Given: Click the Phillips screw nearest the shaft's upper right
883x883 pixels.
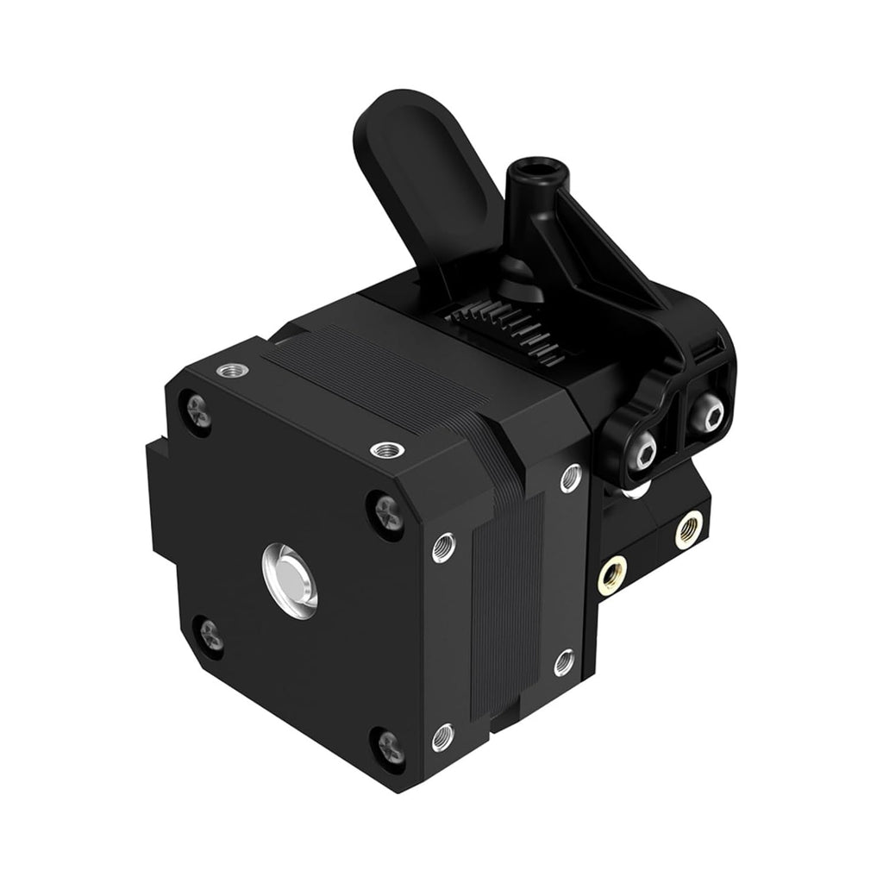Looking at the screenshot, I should (x=380, y=503).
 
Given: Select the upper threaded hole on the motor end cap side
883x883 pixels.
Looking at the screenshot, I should (x=444, y=543).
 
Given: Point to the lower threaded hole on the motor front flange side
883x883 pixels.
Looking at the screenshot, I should (x=565, y=661).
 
